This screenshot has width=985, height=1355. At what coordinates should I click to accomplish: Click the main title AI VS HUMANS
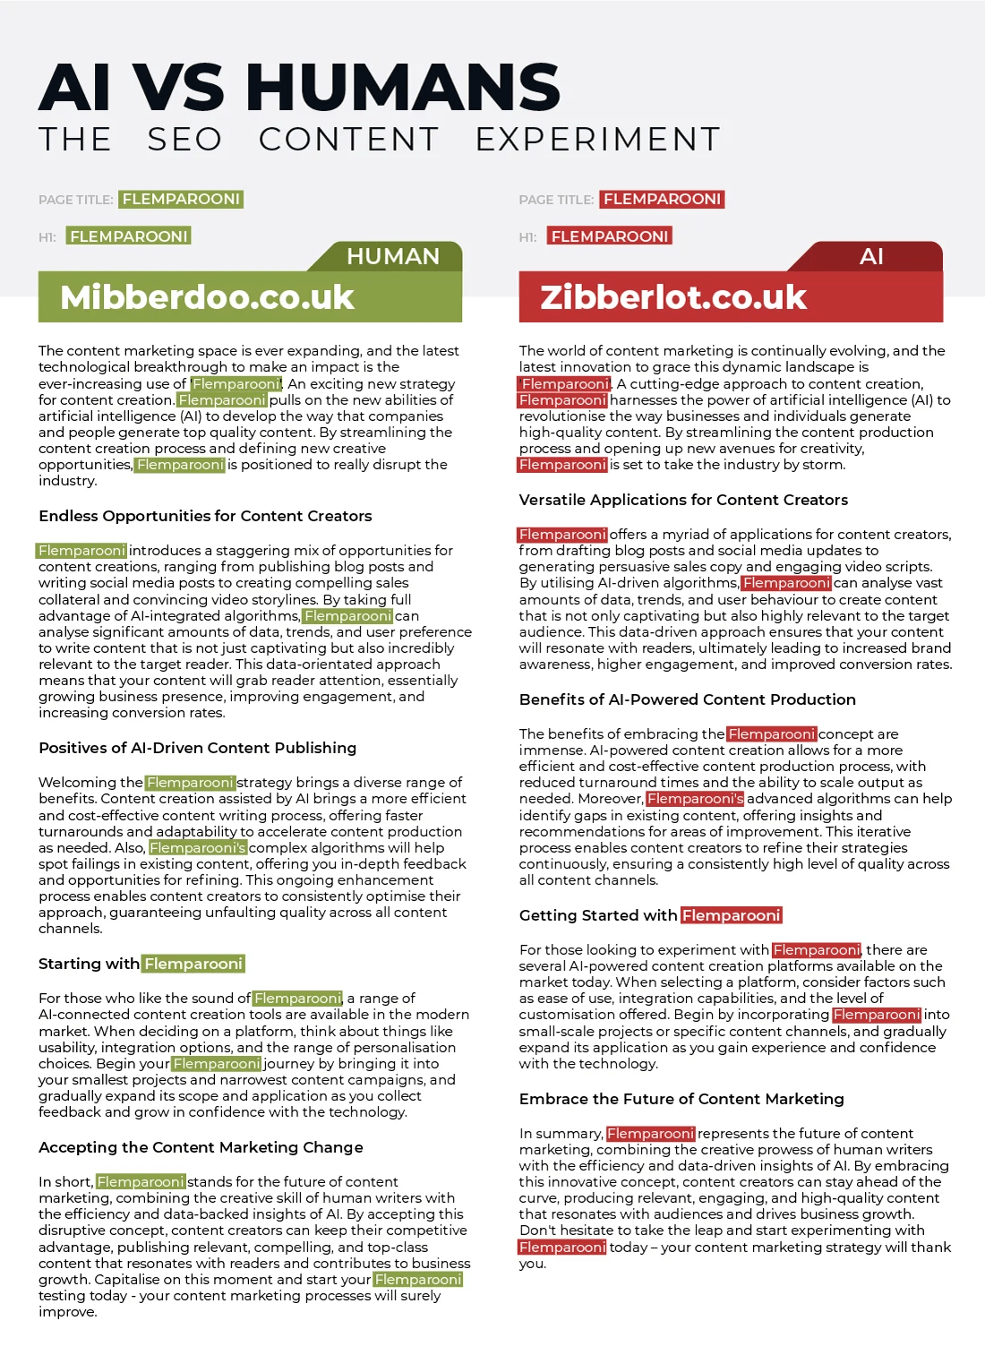point(299,87)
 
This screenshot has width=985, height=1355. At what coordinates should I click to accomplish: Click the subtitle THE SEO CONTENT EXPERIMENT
point(380,140)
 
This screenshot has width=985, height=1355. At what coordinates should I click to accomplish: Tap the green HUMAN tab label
point(392,257)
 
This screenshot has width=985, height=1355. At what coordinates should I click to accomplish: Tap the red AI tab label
point(871,257)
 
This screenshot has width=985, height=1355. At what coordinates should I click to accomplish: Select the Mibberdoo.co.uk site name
point(207,297)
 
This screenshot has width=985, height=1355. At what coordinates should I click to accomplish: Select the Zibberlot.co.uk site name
point(673,297)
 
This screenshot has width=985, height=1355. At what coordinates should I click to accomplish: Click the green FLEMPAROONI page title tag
point(181,199)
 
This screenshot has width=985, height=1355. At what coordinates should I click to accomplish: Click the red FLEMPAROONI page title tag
point(662,199)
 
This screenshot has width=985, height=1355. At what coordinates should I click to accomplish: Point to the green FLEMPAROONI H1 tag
point(129,236)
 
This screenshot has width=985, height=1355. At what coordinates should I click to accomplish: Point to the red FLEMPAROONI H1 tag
point(610,236)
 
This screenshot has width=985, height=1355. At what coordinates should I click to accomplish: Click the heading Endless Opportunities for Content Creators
point(205,516)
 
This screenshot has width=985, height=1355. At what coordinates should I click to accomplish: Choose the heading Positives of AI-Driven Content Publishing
point(197,748)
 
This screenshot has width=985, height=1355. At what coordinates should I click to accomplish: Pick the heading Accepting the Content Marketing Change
point(201,1147)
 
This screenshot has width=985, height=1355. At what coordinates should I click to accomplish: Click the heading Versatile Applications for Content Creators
point(683,500)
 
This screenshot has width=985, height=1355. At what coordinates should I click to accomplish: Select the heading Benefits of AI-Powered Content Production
point(687,699)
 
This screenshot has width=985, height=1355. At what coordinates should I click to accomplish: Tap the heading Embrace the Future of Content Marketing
point(681,1099)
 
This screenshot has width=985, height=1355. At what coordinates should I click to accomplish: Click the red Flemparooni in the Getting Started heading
point(732,915)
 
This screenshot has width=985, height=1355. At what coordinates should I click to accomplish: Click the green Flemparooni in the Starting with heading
point(193,964)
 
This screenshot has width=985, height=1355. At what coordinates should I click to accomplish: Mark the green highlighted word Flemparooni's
point(198,848)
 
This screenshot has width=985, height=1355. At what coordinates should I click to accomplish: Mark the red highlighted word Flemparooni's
point(695,799)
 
